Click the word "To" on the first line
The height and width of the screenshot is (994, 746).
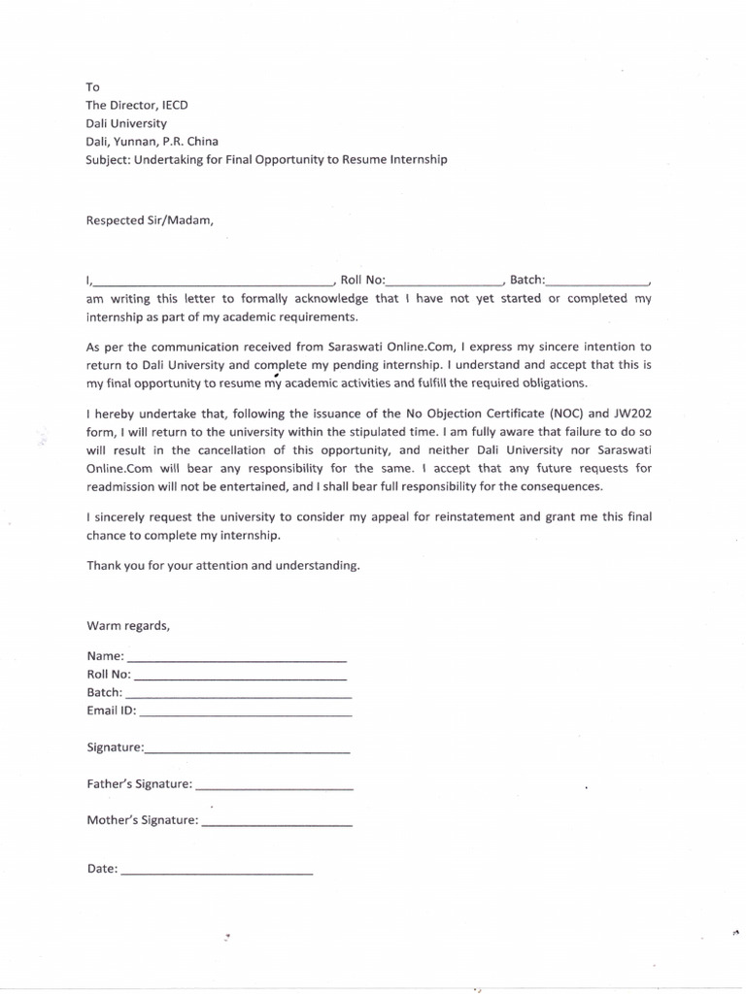tap(93, 87)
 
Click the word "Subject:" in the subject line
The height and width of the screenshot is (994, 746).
tap(108, 160)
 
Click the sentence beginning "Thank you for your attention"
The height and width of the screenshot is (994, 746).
tap(223, 565)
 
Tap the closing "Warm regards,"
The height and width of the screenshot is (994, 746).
tap(128, 625)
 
